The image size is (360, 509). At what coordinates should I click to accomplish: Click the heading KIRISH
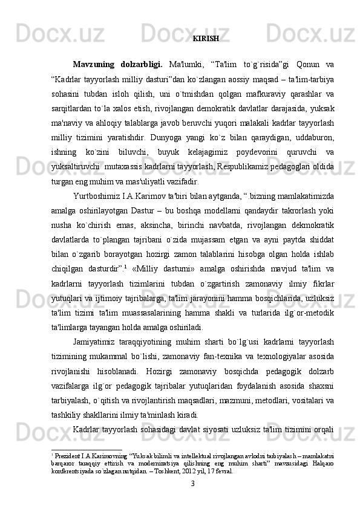click(x=206, y=39)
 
